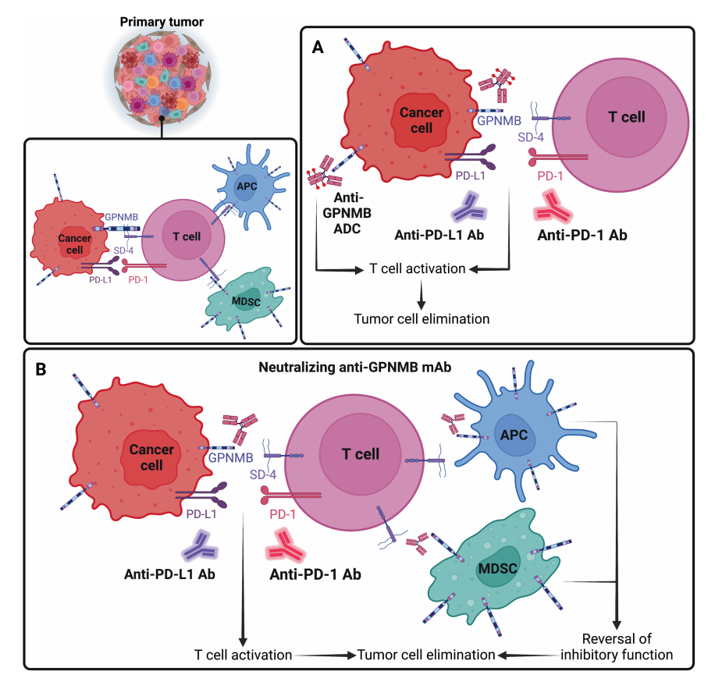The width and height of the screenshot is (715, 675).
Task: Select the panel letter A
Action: pos(318,48)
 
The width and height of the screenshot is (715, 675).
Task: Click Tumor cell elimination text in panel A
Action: pos(422,318)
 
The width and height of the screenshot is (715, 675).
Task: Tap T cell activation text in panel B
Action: pos(244,654)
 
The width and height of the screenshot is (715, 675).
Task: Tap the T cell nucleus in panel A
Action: pos(626,117)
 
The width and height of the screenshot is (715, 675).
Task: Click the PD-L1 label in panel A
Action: pos(471,176)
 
